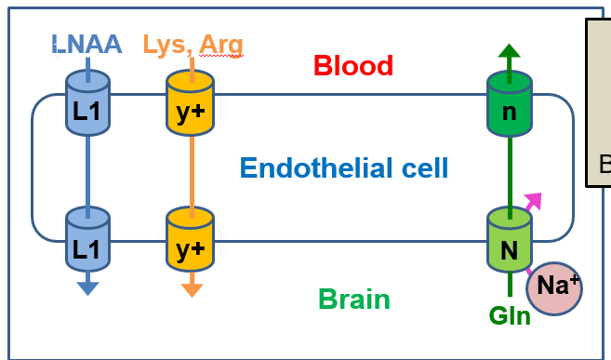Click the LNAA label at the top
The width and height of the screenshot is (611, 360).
(x=87, y=44)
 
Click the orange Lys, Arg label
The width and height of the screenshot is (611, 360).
(x=193, y=44)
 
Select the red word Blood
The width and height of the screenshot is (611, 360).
(x=352, y=66)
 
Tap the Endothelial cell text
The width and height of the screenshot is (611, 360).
(x=344, y=168)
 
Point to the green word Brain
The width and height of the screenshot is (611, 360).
(x=353, y=300)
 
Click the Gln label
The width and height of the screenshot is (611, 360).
(x=511, y=315)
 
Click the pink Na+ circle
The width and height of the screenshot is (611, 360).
(x=554, y=288)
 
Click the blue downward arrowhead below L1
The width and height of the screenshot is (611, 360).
(x=87, y=287)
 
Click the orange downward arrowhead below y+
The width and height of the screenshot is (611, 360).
(x=191, y=288)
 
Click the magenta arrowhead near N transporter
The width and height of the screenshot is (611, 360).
(x=533, y=199)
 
